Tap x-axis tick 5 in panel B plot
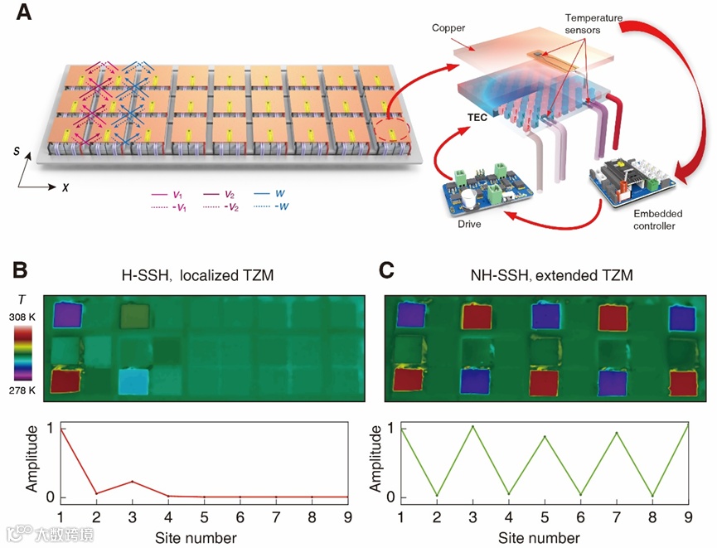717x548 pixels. [204, 516]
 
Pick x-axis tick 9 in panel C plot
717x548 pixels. [687, 516]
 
